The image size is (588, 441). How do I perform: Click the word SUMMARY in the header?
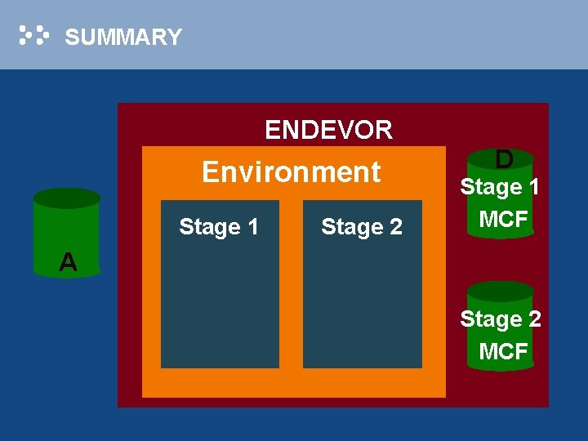(122, 37)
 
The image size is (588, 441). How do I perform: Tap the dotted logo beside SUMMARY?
(34, 35)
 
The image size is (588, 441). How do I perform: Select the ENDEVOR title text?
(328, 129)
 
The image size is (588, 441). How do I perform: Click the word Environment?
(291, 171)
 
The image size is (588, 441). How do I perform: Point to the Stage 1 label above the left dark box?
(218, 226)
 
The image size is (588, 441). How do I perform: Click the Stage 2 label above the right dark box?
(361, 226)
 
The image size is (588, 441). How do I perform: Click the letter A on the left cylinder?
(68, 262)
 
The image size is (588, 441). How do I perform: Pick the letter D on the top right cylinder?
(505, 158)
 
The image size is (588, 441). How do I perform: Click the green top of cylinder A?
(66, 198)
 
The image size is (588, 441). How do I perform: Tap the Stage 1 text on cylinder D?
(500, 187)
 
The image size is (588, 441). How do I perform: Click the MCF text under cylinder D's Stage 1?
(503, 219)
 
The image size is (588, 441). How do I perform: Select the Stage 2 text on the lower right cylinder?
(500, 318)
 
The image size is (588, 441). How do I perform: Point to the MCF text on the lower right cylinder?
(503, 351)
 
